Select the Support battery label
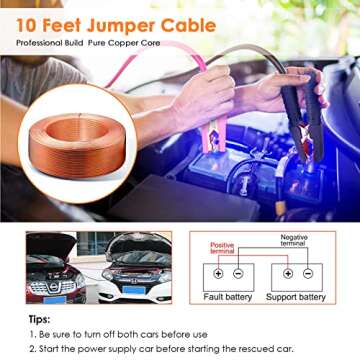[x=297, y=297]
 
